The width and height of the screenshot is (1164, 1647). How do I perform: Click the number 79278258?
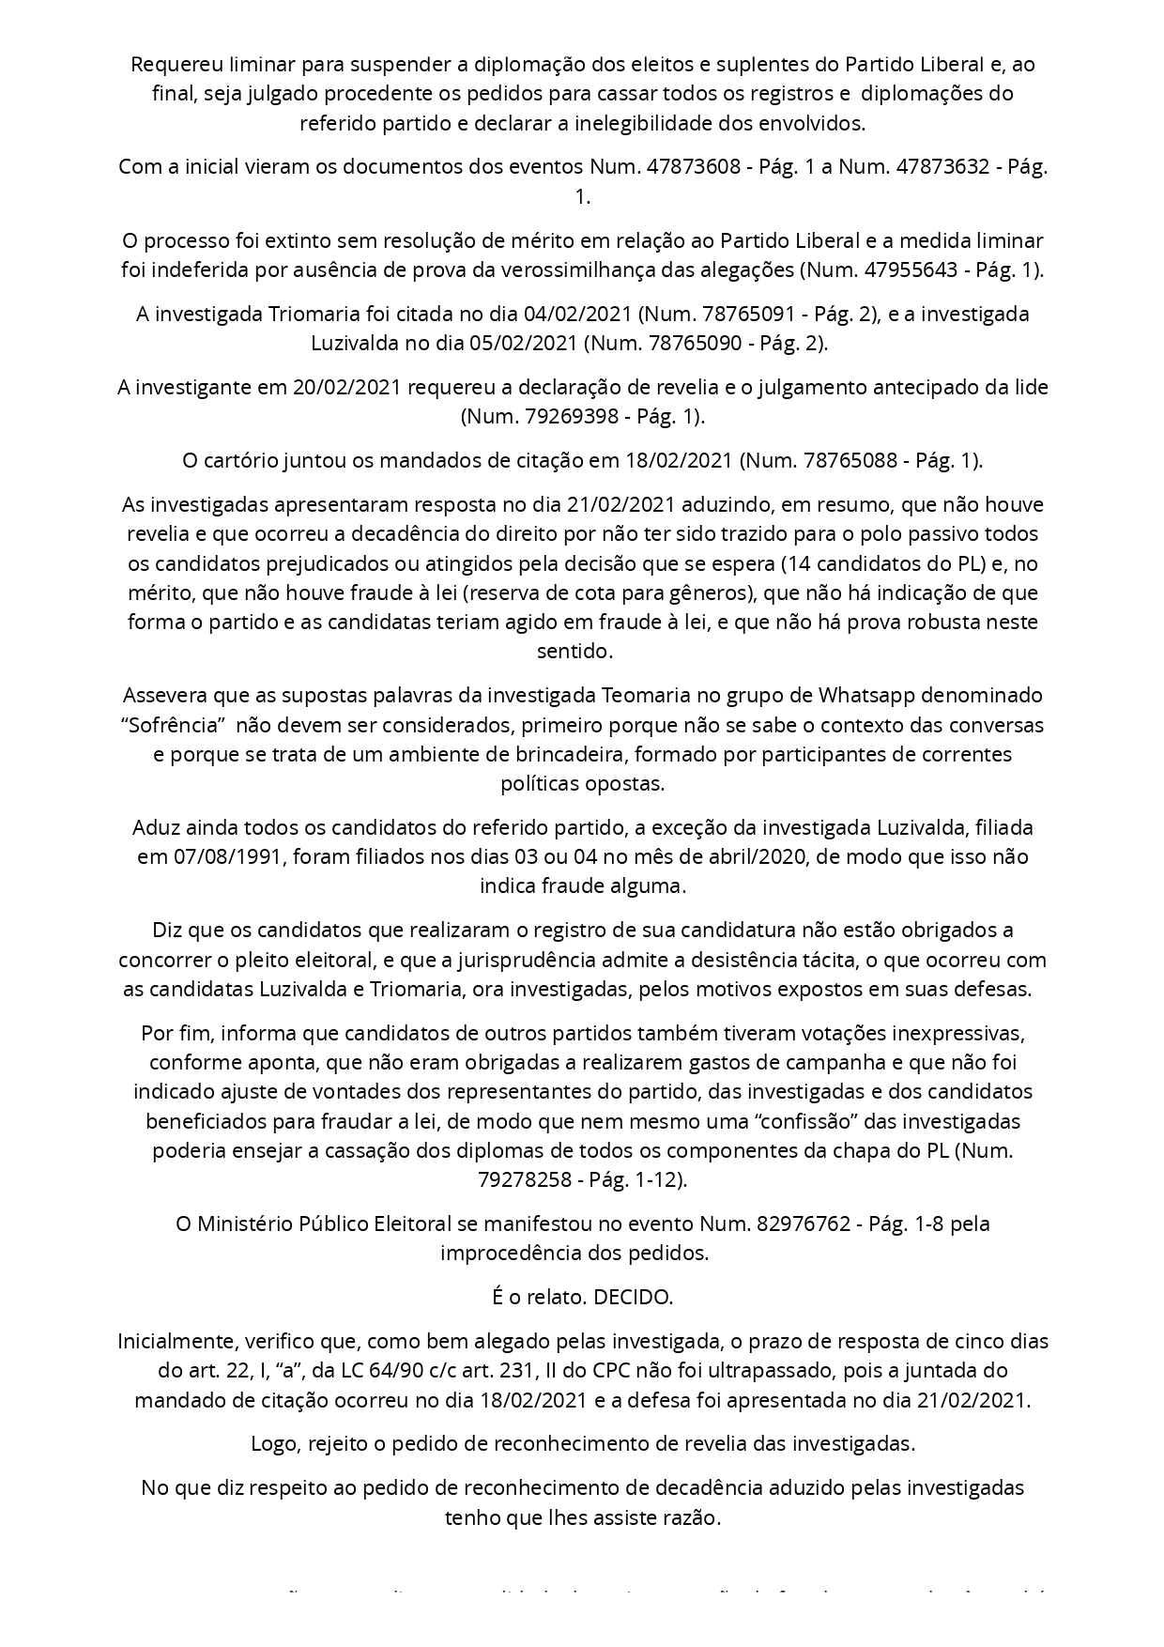pyautogui.click(x=521, y=1179)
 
